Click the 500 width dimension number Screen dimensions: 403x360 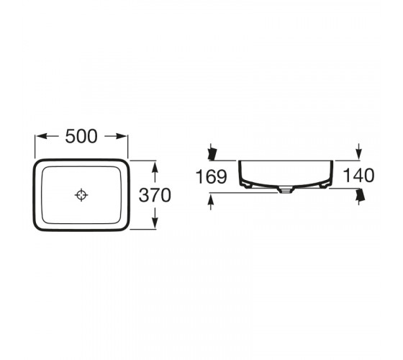81,136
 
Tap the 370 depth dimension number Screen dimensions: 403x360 155,195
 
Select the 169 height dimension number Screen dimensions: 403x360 212,176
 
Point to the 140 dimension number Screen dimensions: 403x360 359,176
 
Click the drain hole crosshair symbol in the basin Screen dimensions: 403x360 81,195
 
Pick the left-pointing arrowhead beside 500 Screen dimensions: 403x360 41,136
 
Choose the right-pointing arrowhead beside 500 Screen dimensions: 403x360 122,136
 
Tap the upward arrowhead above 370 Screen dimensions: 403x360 155,167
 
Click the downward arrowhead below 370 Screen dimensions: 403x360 155,222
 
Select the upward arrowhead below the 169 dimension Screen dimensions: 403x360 211,199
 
